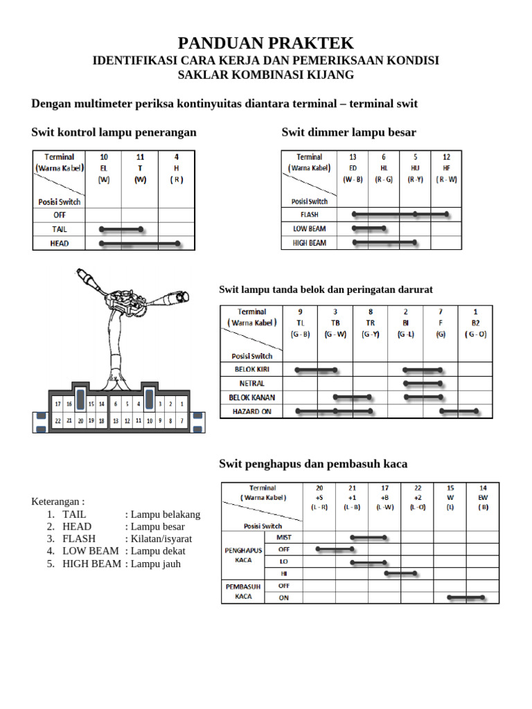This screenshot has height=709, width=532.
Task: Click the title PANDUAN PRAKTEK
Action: (266, 43)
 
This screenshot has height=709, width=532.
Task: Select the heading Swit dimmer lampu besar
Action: (348, 132)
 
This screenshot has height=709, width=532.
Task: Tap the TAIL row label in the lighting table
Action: (60, 228)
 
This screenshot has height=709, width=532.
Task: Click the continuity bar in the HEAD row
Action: (140, 243)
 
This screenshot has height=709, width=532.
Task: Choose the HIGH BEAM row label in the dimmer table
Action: (310, 242)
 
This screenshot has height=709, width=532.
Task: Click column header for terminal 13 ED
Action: (353, 168)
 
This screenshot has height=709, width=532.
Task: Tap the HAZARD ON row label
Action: (251, 411)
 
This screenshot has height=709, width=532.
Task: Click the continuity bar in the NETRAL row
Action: (422, 383)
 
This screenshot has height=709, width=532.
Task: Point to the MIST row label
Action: (284, 537)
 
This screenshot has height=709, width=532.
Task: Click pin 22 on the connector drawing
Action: (59, 420)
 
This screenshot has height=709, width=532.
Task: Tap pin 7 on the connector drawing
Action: (181, 420)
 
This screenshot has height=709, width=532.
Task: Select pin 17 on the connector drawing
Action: (59, 404)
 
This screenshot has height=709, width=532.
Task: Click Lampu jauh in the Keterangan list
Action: (155, 564)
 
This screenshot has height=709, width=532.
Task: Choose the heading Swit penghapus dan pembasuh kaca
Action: (313, 464)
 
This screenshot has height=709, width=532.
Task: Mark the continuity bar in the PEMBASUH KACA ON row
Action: (465, 597)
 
